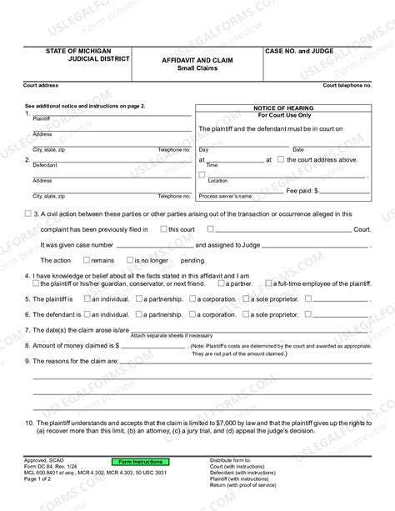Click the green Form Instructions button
[x=139, y=462]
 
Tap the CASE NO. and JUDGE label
[x=299, y=52]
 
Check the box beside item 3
[x=28, y=213]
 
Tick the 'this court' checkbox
[x=163, y=228]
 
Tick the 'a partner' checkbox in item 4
[x=224, y=284]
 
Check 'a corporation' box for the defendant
[x=197, y=314]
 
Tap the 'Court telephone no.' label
[x=347, y=87]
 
